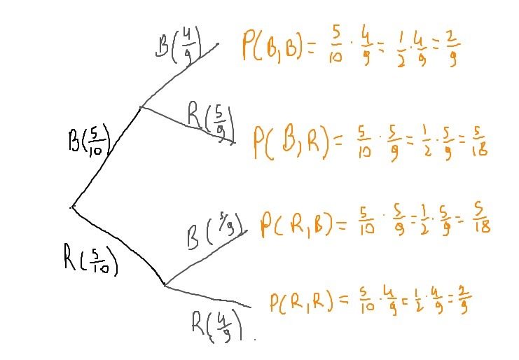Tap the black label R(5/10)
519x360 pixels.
pos(90,260)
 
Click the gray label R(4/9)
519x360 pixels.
pos(217,324)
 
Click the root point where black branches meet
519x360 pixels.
pos(72,207)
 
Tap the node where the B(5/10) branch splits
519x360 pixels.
pos(141,107)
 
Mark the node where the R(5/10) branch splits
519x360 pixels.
pos(165,285)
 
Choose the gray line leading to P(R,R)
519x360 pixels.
pos(210,297)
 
